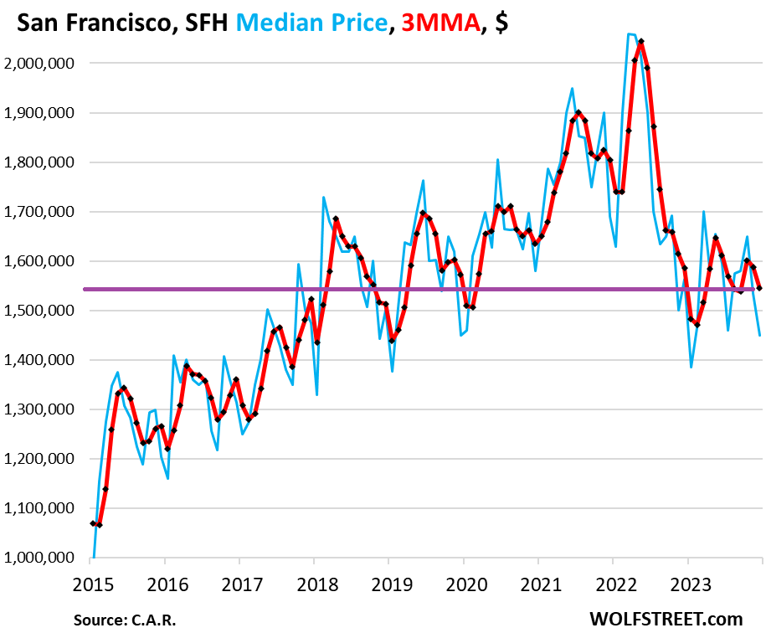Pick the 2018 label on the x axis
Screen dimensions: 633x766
coord(314,581)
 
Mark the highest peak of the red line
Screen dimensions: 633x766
coord(640,41)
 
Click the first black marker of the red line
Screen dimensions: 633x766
coord(93,523)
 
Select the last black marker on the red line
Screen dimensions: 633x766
coord(759,288)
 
